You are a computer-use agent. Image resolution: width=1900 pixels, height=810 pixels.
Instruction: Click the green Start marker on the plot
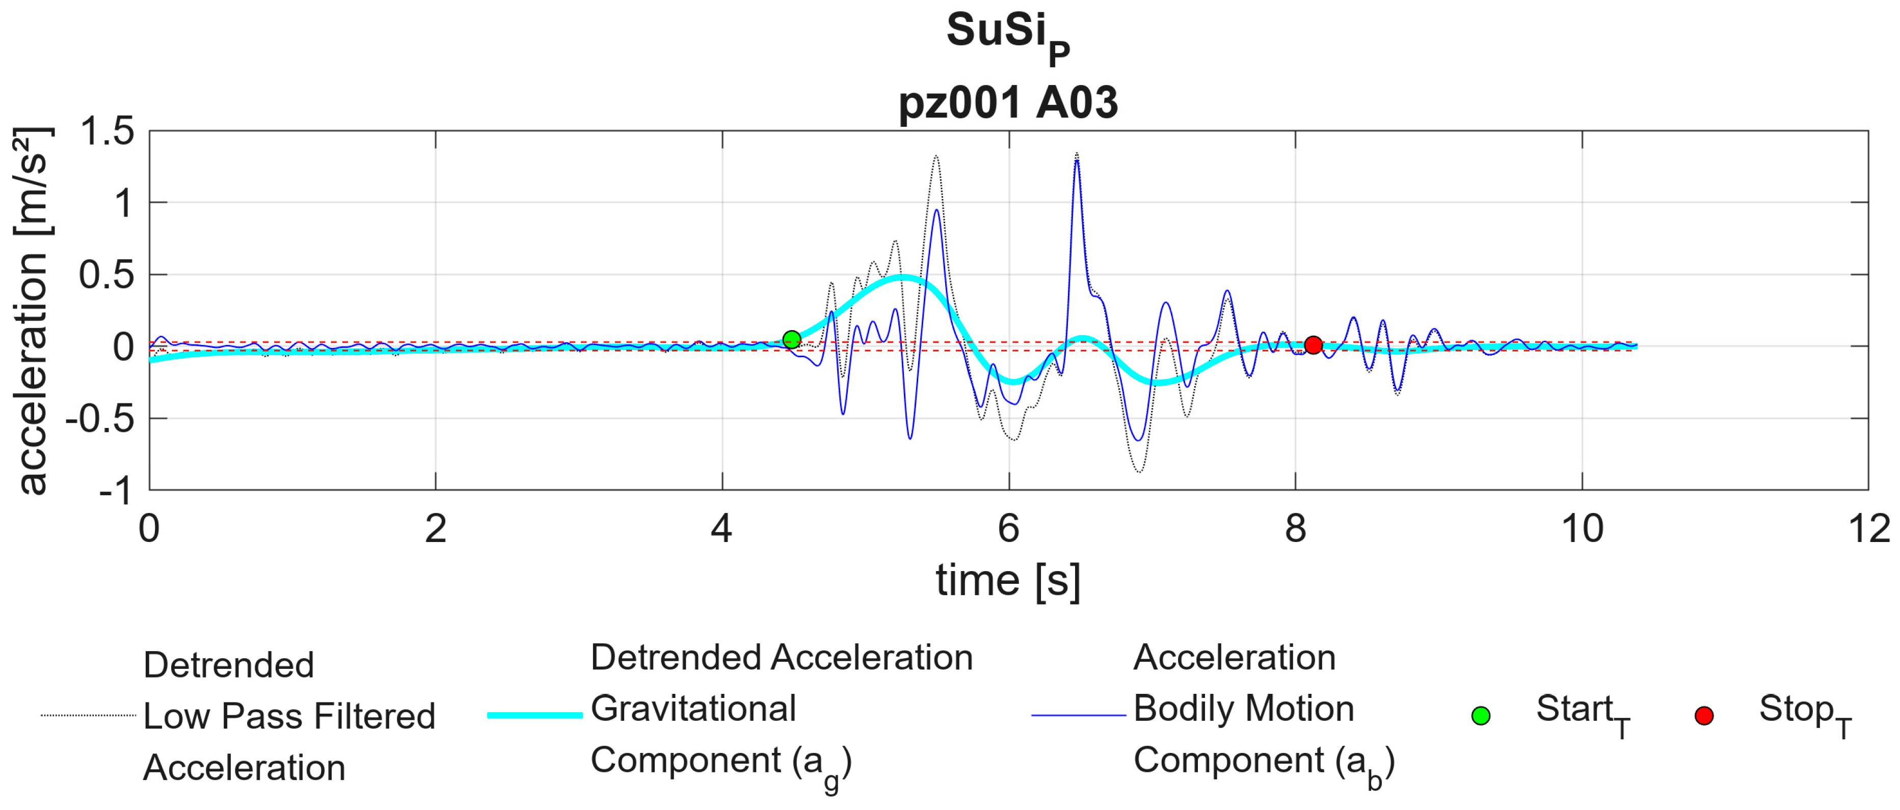click(791, 339)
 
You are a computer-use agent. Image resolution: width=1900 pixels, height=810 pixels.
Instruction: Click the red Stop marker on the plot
click(1313, 344)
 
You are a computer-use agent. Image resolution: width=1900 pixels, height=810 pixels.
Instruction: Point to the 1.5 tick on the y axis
click(108, 131)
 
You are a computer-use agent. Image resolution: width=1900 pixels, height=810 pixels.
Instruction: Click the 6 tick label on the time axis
click(1008, 529)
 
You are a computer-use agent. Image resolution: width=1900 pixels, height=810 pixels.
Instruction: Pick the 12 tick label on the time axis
click(1869, 529)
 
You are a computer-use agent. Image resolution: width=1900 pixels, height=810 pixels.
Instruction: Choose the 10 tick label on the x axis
click(1582, 529)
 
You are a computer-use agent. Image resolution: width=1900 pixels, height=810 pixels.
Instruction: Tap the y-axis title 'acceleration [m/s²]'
click(33, 310)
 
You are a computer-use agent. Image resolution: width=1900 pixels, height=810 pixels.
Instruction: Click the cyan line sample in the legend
click(535, 715)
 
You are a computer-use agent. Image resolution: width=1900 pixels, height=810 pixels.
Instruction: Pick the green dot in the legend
click(1480, 716)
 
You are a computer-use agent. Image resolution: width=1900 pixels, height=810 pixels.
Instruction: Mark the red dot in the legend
click(1704, 716)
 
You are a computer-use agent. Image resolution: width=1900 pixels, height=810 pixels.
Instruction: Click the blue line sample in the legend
click(1078, 715)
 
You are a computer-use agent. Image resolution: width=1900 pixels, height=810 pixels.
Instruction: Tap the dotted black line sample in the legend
click(89, 715)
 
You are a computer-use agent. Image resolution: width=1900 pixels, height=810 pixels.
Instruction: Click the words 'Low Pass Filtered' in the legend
click(289, 716)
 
